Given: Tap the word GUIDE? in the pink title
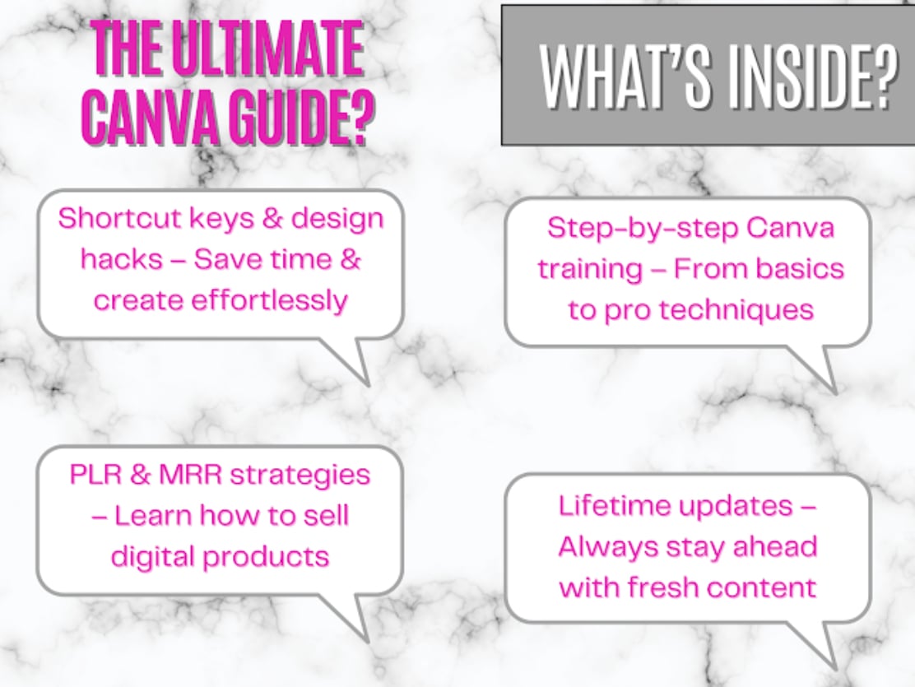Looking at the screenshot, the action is (301, 118).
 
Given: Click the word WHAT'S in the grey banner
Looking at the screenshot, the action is (625, 76).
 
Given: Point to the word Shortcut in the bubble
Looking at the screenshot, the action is (119, 218).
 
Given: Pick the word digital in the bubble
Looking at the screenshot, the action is (153, 556).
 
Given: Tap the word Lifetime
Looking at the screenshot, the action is (615, 505).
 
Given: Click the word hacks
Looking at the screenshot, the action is (122, 259).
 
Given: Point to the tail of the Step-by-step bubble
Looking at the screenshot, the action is (814, 369).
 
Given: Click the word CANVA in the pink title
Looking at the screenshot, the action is (151, 118).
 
